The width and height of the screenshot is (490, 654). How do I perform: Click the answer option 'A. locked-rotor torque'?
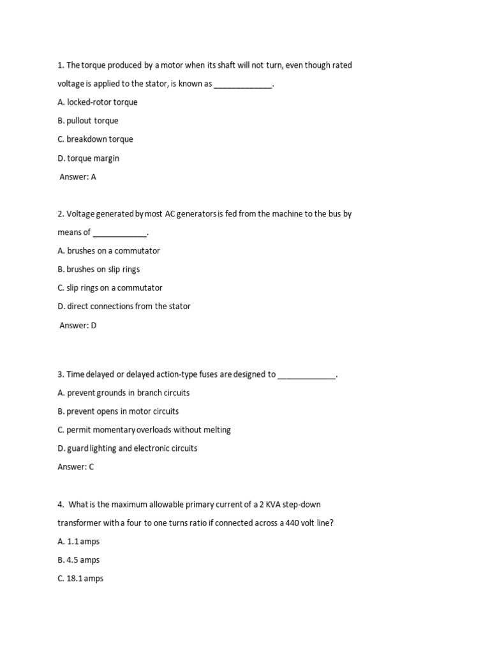point(97,102)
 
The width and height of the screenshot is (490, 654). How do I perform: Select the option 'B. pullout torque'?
point(88,121)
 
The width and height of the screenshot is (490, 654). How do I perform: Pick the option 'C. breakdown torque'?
point(95,139)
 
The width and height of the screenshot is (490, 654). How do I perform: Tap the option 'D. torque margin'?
point(88,158)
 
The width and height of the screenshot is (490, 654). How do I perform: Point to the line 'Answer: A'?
point(78,177)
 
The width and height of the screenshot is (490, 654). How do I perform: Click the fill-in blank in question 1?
point(242,84)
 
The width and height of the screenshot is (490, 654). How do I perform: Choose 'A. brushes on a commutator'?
point(108,251)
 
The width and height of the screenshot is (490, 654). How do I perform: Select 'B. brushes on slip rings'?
point(98,270)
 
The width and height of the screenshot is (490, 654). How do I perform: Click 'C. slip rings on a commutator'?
point(110,288)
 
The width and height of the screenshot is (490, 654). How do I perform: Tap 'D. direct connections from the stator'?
point(124,307)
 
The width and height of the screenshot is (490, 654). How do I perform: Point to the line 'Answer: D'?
point(78,325)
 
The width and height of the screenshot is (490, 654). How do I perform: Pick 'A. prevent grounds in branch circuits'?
point(123,393)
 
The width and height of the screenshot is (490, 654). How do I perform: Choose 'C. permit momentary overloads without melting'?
point(144,430)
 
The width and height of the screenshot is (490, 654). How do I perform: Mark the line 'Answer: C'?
point(75,467)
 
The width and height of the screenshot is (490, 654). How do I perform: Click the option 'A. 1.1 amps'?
point(78,542)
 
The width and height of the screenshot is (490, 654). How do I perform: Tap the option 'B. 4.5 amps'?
point(78,560)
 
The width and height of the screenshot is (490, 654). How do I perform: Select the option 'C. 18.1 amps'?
point(80,579)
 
